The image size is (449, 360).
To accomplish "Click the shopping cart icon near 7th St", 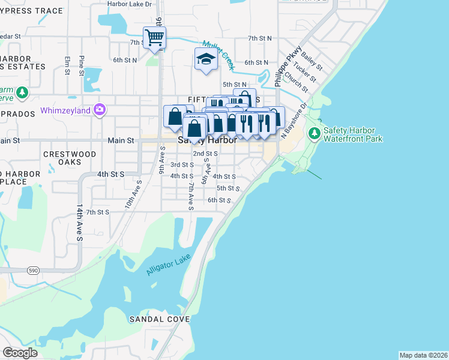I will point(154,37).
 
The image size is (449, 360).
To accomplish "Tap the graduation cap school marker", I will point(205,59).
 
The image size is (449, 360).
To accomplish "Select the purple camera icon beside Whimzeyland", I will point(100,110).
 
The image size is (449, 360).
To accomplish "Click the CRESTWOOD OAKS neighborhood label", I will point(70,158).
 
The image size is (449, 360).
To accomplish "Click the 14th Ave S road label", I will point(79,222).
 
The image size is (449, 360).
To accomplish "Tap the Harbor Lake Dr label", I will point(130,4).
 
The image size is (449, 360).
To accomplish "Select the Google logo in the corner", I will point(20,353).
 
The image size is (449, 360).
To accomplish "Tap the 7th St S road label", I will point(98,212).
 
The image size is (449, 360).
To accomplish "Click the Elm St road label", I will point(67,66).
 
